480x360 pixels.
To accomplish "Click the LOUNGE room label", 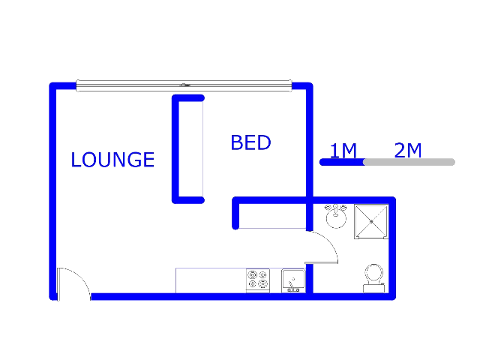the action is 112,160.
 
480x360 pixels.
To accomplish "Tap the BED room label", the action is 250,142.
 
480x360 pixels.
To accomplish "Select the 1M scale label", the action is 343,150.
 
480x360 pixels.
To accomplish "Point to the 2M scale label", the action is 408,150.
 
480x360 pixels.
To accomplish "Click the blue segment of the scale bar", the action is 342,162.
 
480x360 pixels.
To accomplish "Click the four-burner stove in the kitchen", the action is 258,280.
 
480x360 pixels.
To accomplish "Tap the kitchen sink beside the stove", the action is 293,280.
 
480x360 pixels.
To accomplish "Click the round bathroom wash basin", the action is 336,216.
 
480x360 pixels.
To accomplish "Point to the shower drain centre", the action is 371,222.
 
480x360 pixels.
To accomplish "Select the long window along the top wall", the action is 184,85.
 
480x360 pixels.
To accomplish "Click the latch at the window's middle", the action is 184,85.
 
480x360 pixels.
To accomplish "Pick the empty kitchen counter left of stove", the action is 211,280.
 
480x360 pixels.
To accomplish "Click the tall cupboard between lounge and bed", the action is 188,149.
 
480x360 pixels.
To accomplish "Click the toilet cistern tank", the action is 373,288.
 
